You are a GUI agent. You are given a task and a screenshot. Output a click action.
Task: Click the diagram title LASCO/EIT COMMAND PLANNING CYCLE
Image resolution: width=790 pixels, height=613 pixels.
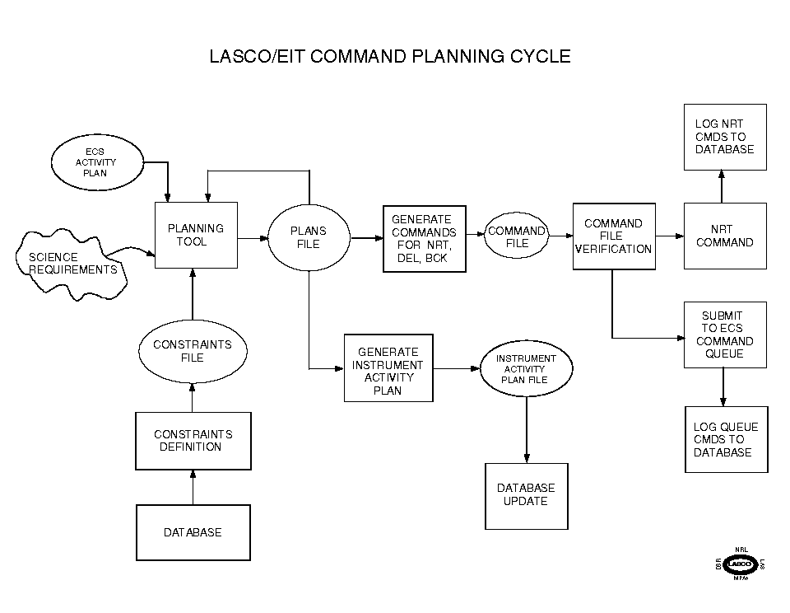(391, 57)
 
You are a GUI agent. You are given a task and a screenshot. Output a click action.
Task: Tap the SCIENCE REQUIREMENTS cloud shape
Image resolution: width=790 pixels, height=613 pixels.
(72, 262)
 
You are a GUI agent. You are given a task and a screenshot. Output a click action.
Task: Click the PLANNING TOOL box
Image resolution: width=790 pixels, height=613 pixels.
(196, 235)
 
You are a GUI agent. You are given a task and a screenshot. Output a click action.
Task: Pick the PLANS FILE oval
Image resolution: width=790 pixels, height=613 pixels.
(309, 237)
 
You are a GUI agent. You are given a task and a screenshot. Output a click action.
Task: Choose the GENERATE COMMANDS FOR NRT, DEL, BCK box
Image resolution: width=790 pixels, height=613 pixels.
(425, 239)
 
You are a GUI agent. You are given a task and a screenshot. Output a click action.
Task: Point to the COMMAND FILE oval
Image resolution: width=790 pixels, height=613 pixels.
(517, 237)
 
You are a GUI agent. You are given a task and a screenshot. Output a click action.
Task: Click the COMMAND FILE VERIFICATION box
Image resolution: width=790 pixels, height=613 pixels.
(614, 236)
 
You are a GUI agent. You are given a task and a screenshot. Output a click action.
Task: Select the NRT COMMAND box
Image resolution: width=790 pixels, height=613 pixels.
(724, 236)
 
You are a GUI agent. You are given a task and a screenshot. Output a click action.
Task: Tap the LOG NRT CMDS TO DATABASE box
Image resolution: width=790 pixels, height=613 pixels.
(724, 137)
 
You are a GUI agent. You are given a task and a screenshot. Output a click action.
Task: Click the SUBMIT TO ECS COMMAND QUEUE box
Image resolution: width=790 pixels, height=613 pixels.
(724, 335)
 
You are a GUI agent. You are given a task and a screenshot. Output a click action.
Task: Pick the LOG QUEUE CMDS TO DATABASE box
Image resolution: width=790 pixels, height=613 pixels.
(726, 439)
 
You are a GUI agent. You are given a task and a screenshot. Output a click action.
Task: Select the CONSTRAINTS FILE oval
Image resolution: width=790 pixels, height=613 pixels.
(192, 351)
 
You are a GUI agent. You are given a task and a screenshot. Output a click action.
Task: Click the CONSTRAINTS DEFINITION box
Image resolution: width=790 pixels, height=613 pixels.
(192, 441)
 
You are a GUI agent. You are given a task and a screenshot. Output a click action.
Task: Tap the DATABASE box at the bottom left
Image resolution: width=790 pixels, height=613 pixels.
(192, 532)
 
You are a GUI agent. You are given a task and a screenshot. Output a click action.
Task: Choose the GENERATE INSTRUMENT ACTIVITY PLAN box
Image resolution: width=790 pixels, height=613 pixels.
(388, 368)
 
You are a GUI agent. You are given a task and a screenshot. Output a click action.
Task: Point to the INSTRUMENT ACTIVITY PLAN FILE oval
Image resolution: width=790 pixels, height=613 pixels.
(526, 369)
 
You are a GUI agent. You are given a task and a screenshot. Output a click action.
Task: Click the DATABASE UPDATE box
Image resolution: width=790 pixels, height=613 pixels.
(526, 495)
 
